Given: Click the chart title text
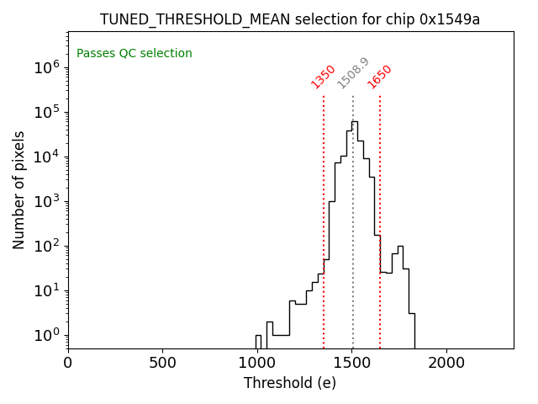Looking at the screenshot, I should pos(290,19).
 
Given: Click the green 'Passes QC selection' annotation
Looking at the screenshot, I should pos(134,54).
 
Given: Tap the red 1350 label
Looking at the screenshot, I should pos(324,76).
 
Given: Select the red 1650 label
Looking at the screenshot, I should pos(380,76).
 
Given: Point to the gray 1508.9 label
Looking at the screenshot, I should pos(353,73).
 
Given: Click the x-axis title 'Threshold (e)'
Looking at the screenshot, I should pos(290,383).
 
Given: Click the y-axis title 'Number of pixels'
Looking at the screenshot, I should pos(19,189).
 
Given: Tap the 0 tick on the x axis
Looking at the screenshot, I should pos(68,363).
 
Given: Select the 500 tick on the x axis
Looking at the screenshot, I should pos(162,363).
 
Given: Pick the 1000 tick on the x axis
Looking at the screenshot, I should pos(257,363).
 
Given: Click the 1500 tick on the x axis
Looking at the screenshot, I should pos(352,363).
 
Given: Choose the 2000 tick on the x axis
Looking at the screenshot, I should pos(446,363).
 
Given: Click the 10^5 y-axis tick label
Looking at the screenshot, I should pos(46,113).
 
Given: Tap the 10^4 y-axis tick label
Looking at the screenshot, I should pos(46,157).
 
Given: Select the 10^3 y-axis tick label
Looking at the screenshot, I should pos(46,202).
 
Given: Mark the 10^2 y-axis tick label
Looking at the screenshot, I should pos(46,247).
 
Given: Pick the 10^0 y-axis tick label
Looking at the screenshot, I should pos(46,336).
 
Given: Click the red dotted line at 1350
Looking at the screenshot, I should pos(324,210).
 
